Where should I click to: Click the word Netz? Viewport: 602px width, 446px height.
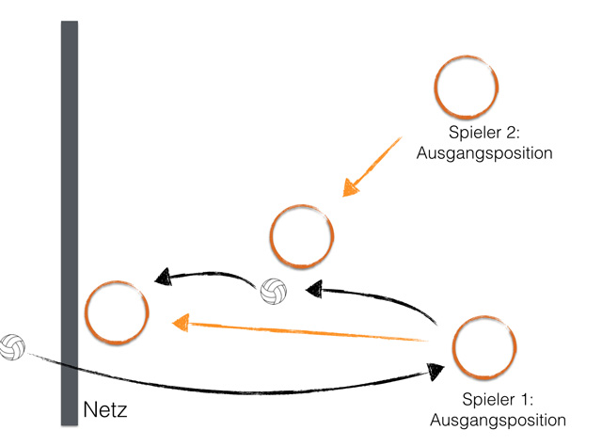105,411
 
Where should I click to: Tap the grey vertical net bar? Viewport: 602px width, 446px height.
70,188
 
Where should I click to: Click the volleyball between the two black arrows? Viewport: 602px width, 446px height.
274,292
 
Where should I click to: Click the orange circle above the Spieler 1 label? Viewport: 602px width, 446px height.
484,347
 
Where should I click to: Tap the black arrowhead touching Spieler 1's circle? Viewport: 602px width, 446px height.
434,371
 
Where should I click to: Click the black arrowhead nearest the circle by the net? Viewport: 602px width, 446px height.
163,277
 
